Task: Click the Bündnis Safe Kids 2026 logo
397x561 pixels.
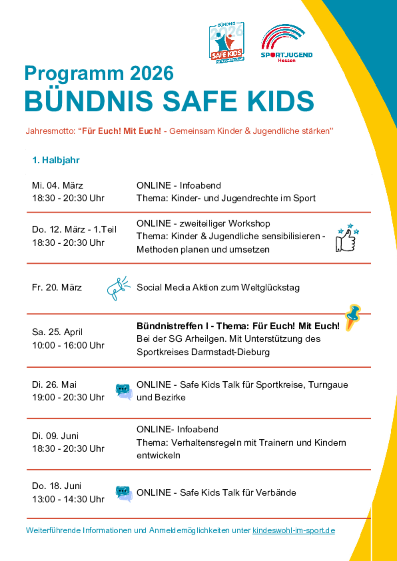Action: pos(227,42)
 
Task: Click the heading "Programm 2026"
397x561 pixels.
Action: pos(99,73)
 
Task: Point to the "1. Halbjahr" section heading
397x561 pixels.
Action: pos(56,160)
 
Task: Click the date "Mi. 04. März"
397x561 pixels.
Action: pos(57,186)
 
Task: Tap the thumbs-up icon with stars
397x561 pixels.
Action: pos(347,239)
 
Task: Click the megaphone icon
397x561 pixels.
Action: pos(118,288)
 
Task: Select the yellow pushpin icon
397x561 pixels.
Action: pos(353,317)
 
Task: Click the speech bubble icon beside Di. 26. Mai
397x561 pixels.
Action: pos(124,391)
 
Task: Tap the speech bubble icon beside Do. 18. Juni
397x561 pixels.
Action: pos(124,493)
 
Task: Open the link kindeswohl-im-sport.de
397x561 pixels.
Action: pos(294,531)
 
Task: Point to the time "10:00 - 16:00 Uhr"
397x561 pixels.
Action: pos(68,345)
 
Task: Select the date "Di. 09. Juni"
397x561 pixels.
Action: pos(55,436)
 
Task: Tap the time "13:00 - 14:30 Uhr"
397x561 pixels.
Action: pos(68,499)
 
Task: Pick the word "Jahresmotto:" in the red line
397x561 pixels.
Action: pos(50,131)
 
